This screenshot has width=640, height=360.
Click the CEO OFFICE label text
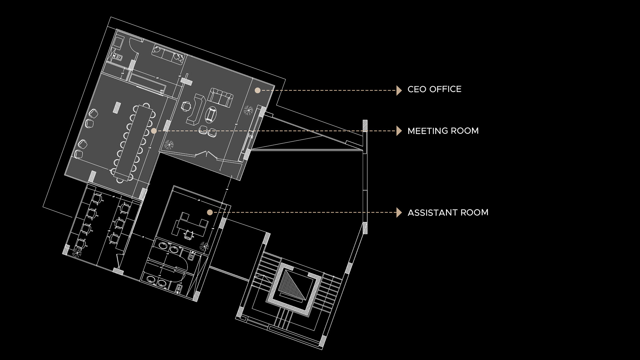point(434,89)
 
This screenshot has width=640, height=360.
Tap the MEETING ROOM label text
point(443,131)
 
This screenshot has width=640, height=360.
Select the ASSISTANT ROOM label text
point(448,213)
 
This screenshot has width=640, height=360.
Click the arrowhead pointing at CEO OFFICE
point(399,90)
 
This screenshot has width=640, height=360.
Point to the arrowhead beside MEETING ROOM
point(399,131)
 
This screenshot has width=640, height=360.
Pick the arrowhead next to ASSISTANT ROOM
point(399,212)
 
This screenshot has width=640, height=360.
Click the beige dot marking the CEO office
point(257,90)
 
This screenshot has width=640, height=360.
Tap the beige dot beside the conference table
point(154,131)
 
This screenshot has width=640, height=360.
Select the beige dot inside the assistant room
point(210,212)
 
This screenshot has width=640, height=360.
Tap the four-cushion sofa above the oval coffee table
point(221,97)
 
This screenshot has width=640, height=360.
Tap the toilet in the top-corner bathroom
point(118,57)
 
